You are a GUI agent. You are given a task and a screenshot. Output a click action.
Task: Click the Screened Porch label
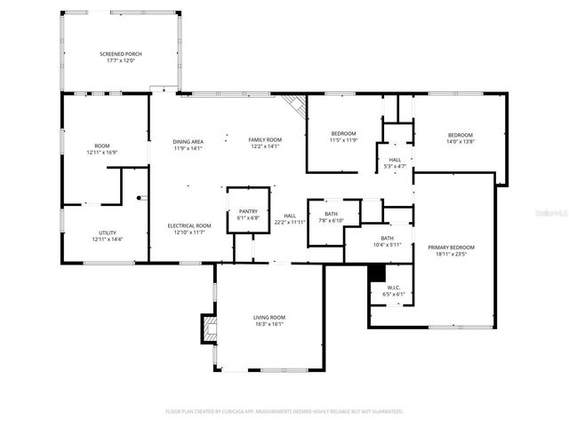point(120,54)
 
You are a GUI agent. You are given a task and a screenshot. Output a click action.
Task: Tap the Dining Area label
point(188,141)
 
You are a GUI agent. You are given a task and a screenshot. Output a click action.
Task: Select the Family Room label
point(264,140)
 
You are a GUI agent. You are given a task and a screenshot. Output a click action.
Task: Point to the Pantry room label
point(248,211)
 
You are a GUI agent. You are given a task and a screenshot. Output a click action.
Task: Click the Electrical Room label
point(189,225)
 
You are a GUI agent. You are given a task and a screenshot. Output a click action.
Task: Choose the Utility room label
point(107,233)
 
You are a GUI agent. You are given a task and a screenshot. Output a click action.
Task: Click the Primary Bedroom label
point(451,248)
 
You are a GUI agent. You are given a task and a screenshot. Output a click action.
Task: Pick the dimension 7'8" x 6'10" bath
point(331,221)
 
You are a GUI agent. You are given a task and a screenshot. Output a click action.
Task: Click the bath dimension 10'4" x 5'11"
point(387,245)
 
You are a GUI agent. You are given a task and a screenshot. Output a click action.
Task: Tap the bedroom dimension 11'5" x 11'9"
point(343,140)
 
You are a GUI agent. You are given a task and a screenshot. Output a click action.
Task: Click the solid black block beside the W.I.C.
point(373,293)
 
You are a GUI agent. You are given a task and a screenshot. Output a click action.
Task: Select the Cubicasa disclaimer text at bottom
point(284,411)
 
